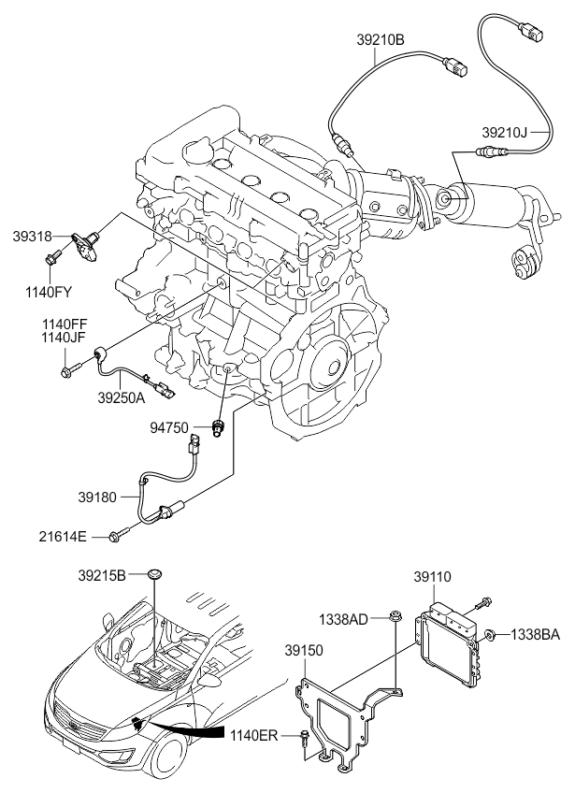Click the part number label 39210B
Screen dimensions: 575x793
[381, 40]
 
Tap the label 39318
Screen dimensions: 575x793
[33, 236]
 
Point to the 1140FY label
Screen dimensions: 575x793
[49, 292]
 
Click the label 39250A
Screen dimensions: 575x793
[122, 397]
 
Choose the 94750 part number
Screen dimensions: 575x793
[169, 428]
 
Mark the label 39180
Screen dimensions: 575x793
[97, 497]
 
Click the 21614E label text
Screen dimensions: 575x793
[63, 537]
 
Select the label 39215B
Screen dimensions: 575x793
[102, 575]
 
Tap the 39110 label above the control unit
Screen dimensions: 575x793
[432, 577]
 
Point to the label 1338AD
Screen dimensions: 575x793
[343, 618]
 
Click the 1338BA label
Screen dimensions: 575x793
[535, 634]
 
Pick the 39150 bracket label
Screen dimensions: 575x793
[303, 650]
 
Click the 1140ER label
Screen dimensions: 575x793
[254, 735]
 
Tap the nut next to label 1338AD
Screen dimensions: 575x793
[395, 617]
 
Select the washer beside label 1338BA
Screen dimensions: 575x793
[490, 634]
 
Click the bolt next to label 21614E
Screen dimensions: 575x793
[120, 534]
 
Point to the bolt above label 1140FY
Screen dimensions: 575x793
[52, 256]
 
